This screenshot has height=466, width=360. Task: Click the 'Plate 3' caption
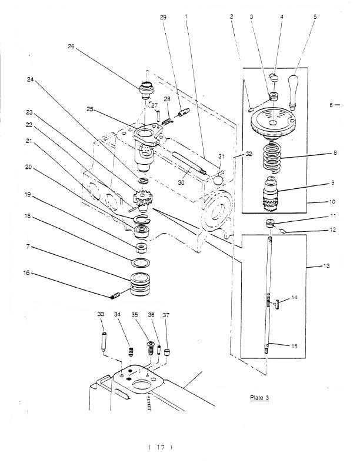pyautogui.click(x=259, y=398)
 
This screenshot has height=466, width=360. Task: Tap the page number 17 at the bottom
pyautogui.click(x=161, y=447)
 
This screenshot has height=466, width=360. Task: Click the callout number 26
pyautogui.click(x=71, y=46)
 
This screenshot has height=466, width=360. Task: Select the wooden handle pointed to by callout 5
pyautogui.click(x=293, y=91)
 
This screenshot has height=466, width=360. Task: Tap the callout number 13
pyautogui.click(x=326, y=266)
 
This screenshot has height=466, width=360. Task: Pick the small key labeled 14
pyautogui.click(x=278, y=305)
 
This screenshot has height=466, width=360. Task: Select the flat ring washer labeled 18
pyautogui.click(x=140, y=263)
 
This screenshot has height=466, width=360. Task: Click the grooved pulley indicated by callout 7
pyautogui.click(x=140, y=284)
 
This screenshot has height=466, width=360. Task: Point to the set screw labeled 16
pyautogui.click(x=115, y=296)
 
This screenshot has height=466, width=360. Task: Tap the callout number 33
pyautogui.click(x=101, y=314)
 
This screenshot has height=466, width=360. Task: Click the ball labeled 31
pyautogui.click(x=219, y=180)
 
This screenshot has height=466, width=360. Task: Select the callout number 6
pyautogui.click(x=331, y=105)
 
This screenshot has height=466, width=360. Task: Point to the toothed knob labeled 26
pyautogui.click(x=146, y=90)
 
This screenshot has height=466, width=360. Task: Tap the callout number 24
pyautogui.click(x=31, y=79)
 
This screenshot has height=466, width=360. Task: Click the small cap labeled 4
pyautogui.click(x=274, y=78)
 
